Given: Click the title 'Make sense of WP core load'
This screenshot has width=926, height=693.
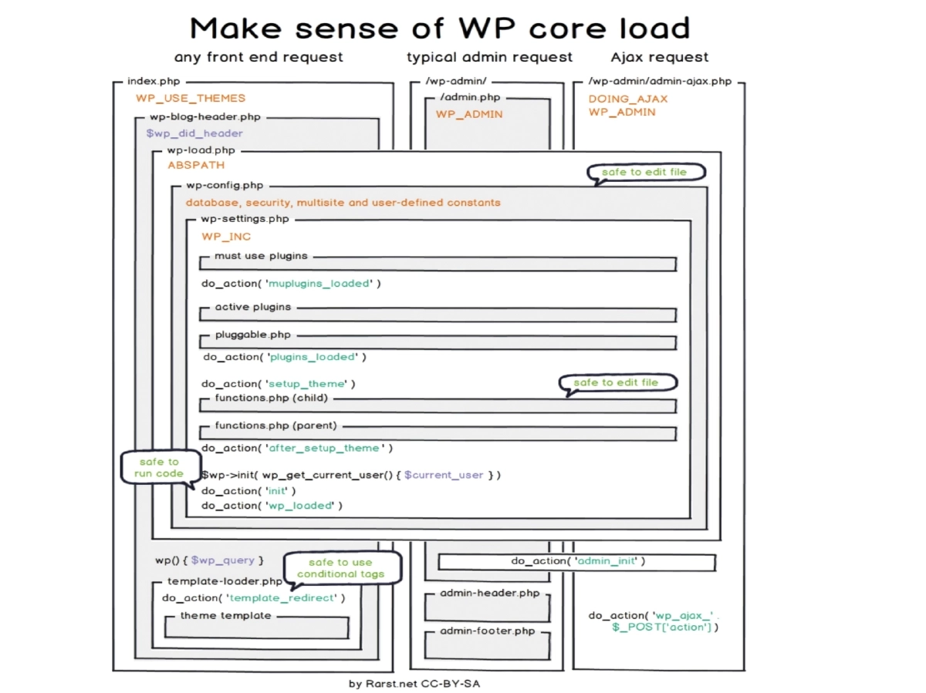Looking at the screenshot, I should [439, 29].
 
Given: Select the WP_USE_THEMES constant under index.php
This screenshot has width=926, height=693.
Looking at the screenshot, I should [191, 98].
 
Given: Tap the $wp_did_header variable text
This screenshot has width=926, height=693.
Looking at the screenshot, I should [194, 133].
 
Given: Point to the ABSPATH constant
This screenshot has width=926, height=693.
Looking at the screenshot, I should [196, 165].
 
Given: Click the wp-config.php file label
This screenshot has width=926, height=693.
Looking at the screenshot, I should [225, 186].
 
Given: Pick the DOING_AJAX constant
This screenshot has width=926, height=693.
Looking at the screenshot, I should [627, 99].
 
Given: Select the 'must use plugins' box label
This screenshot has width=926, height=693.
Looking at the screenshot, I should [261, 256].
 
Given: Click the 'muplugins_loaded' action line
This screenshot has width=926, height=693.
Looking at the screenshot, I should [291, 284].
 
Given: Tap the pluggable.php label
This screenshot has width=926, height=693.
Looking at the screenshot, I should [252, 335].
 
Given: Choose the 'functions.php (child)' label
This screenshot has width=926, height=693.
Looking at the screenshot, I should [271, 399].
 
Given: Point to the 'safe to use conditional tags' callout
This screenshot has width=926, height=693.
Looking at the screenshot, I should [340, 568].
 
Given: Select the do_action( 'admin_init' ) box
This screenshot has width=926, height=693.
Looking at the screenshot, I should [577, 561].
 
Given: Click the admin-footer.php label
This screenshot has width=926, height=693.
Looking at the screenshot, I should [487, 631].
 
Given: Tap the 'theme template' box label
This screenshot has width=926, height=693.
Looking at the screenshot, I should [225, 616].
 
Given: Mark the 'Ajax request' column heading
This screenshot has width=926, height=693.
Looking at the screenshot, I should [659, 57].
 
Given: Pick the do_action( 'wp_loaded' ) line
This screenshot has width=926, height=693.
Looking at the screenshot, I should [272, 506].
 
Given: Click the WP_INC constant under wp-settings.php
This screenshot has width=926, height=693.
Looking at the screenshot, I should [226, 237].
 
